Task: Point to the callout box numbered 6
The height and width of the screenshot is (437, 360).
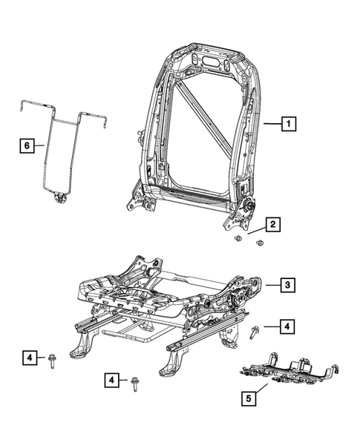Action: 26,146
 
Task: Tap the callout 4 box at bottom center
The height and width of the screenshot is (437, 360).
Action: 111,381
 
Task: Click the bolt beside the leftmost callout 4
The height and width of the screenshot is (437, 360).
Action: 54,361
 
